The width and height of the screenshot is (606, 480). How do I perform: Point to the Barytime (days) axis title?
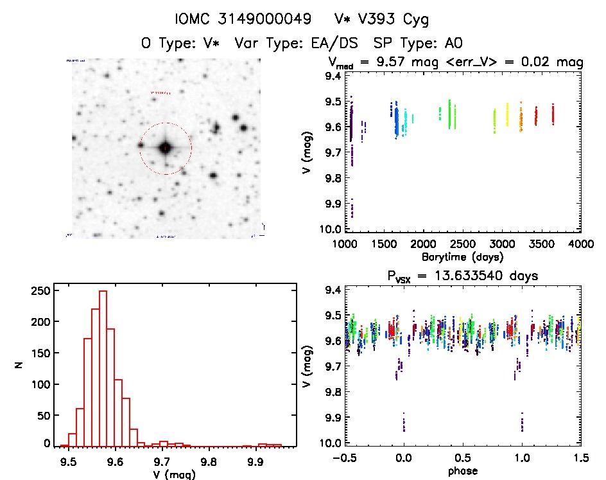point(462,257)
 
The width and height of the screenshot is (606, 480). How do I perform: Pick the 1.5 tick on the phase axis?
point(580,458)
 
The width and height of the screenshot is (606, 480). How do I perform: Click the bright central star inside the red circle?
point(165,148)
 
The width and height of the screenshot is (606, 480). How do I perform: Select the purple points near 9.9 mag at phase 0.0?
point(404,423)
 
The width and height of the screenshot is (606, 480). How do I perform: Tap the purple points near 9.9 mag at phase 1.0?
point(522,423)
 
